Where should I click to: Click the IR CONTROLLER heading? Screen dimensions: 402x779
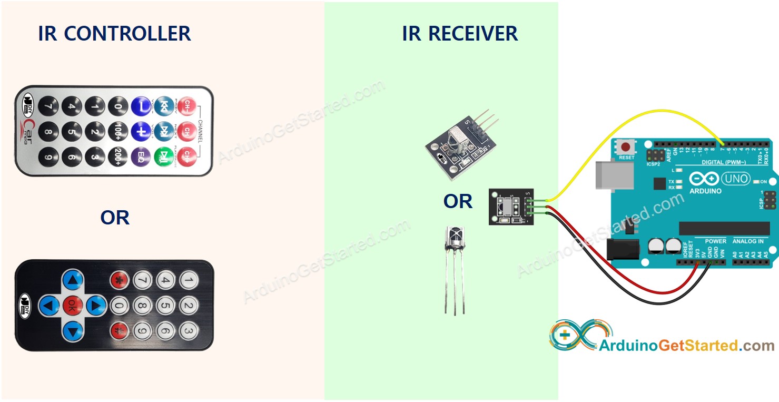point(114,34)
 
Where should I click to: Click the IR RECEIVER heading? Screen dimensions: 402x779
point(460,34)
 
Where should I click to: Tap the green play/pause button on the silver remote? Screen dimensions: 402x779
point(163,155)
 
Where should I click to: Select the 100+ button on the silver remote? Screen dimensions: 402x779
point(117,131)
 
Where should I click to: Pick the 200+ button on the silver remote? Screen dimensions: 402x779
point(117,155)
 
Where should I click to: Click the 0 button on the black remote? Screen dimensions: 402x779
point(120,305)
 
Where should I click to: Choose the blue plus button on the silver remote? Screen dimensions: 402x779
point(141,131)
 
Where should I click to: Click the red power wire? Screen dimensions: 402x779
point(632,282)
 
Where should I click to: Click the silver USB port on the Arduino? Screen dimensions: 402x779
point(611,174)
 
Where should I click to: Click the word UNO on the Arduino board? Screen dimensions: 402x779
point(735,179)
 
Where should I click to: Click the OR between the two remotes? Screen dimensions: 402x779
point(115,218)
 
